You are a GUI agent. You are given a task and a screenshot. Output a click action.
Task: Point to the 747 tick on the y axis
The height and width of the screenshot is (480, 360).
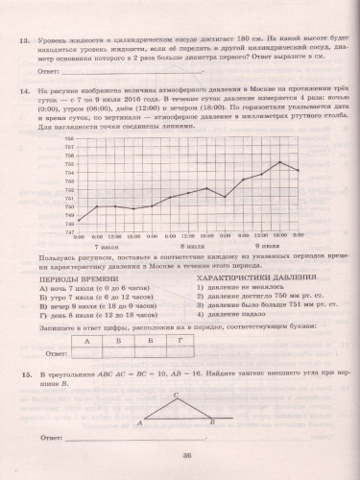pyautogui.click(x=69, y=231)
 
